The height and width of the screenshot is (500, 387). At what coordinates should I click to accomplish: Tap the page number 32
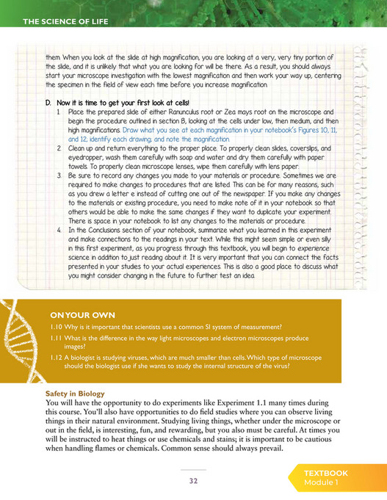point(194,481)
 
